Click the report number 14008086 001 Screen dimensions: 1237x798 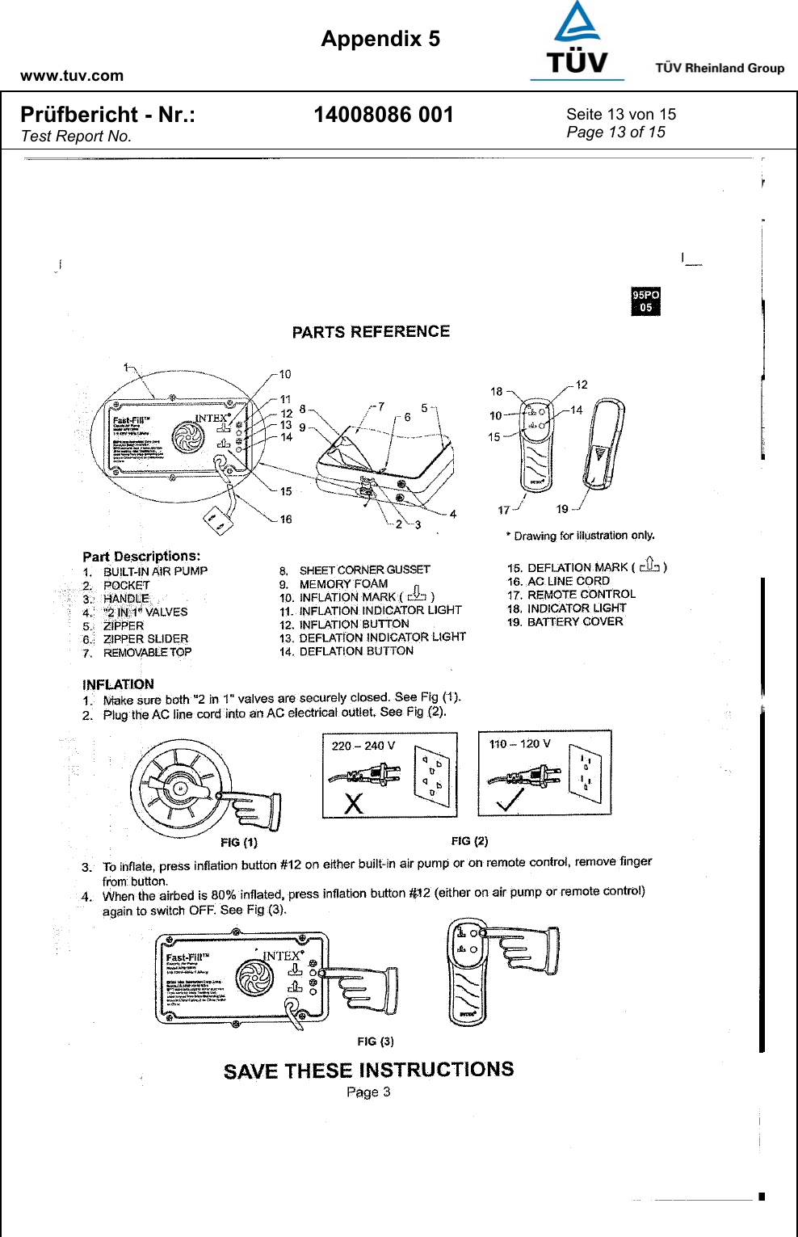click(x=384, y=116)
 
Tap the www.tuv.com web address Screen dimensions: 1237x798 click(x=72, y=76)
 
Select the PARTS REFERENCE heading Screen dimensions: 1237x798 click(x=371, y=332)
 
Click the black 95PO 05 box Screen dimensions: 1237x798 click(x=645, y=301)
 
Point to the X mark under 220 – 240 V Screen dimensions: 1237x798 click(x=354, y=803)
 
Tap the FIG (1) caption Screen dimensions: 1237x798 click(x=239, y=843)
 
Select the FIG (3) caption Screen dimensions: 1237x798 click(x=376, y=1041)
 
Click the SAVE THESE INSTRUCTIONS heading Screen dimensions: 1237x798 click(x=368, y=1071)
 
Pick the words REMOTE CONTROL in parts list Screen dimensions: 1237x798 click(x=582, y=595)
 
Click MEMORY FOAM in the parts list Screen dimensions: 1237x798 click(x=343, y=584)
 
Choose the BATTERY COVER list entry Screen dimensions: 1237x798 click(x=575, y=622)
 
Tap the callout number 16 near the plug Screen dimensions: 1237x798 click(x=286, y=520)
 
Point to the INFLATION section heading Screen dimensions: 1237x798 click(x=118, y=684)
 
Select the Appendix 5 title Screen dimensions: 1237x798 click(x=380, y=39)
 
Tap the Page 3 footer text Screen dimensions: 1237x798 click(x=368, y=1092)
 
